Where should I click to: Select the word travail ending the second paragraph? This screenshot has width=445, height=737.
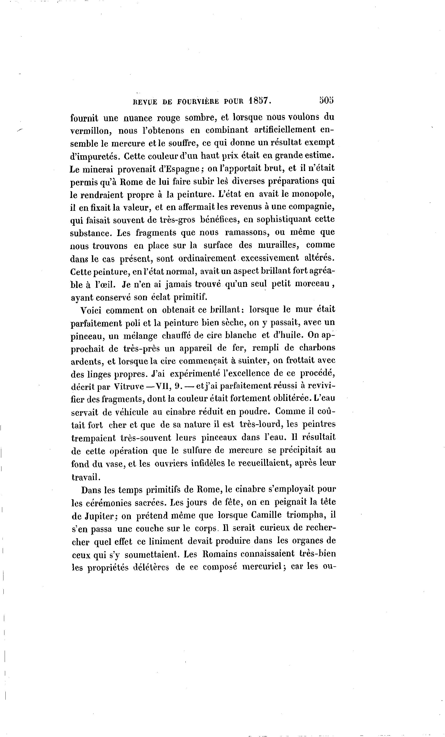(85, 477)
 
